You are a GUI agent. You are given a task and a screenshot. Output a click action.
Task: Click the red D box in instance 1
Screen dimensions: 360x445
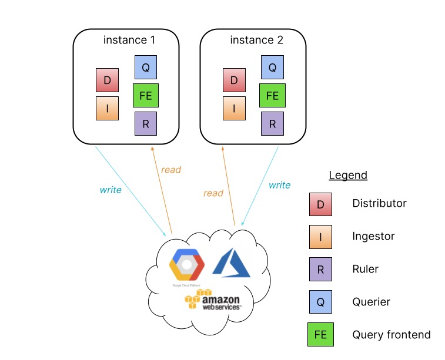click(x=107, y=80)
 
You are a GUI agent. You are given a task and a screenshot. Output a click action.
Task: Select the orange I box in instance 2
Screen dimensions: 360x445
click(x=234, y=108)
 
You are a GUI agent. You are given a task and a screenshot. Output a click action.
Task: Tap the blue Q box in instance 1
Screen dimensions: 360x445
click(x=146, y=67)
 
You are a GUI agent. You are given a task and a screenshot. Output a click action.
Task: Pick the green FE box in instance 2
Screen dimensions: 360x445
click(x=272, y=95)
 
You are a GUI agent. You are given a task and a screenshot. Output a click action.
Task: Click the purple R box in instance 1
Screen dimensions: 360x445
click(x=146, y=123)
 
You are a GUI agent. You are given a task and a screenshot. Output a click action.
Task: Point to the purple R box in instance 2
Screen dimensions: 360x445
click(x=272, y=123)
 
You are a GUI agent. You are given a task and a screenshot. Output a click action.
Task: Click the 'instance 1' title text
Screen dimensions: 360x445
click(x=129, y=41)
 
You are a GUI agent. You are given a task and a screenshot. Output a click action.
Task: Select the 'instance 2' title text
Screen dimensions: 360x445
click(x=256, y=41)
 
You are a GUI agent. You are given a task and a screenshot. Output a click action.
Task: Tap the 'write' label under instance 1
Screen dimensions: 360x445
click(x=111, y=190)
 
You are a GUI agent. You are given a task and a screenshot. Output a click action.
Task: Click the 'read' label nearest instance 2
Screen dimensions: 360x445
click(x=213, y=193)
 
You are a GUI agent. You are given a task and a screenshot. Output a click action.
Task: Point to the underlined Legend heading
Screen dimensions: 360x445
click(x=348, y=175)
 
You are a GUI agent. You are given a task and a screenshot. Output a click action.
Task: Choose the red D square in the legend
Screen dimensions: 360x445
click(x=320, y=204)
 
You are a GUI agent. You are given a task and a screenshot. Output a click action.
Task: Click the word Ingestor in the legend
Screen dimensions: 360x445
click(x=373, y=236)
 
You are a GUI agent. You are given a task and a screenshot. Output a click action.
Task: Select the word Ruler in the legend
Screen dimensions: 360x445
click(x=365, y=269)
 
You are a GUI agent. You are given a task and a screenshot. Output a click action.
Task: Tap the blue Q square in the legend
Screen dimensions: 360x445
click(x=320, y=302)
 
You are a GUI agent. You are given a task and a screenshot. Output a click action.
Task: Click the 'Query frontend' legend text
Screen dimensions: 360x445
click(x=391, y=335)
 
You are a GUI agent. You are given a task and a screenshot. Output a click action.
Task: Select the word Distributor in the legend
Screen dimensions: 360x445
click(x=379, y=203)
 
